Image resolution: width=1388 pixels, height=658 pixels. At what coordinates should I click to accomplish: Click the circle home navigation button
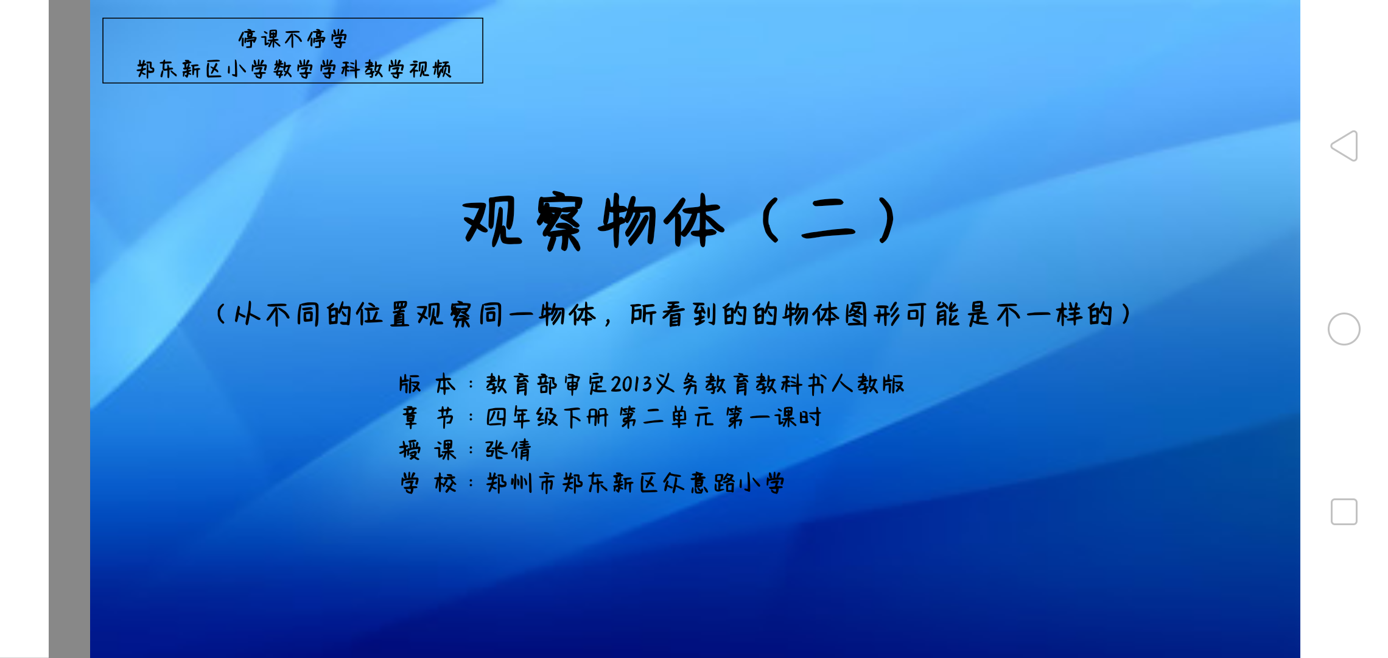tap(1344, 329)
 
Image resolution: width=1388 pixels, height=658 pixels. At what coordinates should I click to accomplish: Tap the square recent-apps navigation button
tap(1344, 512)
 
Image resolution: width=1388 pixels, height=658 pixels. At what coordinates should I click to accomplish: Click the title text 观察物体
tap(594, 221)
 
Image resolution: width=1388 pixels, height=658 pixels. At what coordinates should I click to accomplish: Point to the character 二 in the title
tap(828, 221)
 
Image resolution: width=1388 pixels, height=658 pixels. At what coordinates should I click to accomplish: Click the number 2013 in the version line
tap(632, 384)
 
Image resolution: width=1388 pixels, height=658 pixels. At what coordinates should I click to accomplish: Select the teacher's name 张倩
tap(508, 450)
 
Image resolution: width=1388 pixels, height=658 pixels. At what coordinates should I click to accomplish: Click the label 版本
tap(427, 384)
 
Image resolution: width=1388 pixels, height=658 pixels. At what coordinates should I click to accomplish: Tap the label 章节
tap(427, 417)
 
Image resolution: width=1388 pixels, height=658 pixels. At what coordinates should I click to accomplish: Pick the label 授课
tap(427, 450)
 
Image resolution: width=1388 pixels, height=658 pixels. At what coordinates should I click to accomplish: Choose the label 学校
tap(427, 483)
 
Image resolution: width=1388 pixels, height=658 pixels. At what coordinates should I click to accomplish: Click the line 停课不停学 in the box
tap(293, 39)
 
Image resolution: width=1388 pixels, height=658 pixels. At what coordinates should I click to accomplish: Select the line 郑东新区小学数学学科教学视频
tap(294, 69)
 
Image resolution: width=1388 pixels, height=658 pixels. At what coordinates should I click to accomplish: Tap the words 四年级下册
tap(547, 417)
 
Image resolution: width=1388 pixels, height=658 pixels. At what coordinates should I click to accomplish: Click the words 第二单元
tap(667, 417)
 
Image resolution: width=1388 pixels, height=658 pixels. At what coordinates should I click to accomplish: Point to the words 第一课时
tap(774, 417)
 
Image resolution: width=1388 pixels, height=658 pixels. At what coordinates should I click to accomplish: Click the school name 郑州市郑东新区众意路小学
tap(635, 483)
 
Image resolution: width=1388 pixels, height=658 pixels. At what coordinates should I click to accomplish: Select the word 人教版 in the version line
tap(868, 384)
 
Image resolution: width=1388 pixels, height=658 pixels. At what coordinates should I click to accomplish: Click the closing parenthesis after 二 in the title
tap(888, 221)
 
